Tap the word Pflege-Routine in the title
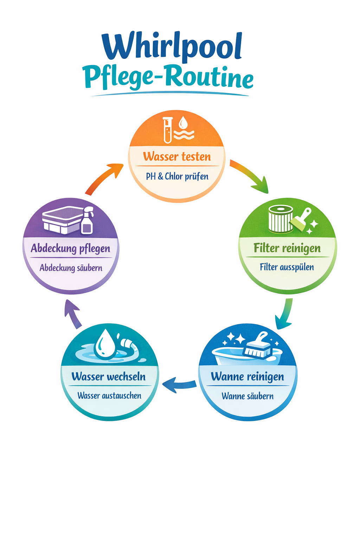(168, 77)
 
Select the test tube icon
(168, 130)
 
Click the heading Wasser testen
(177, 156)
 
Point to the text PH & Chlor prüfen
(177, 176)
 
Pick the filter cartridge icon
(280, 219)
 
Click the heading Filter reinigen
(287, 248)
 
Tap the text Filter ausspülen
(287, 267)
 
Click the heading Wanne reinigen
(247, 377)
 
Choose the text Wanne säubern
(247, 396)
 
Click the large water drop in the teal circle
(106, 344)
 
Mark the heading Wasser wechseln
(109, 377)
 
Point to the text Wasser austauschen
(109, 396)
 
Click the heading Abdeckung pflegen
(71, 249)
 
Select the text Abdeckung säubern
(71, 268)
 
